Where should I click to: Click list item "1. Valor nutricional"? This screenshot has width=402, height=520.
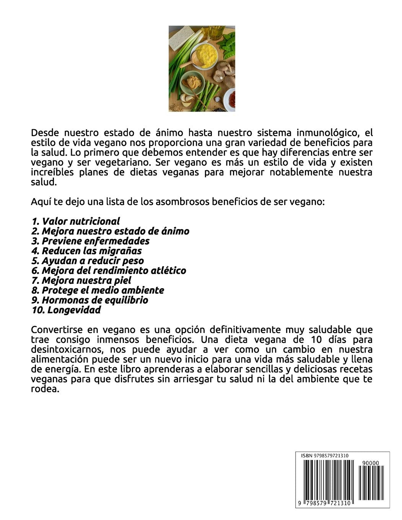click(x=75, y=221)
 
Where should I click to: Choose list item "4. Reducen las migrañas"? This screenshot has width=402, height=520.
click(x=86, y=251)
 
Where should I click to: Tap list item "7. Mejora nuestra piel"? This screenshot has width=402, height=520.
click(x=81, y=280)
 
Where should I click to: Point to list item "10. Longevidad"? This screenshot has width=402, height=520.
click(x=66, y=310)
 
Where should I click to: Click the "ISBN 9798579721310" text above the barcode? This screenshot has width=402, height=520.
click(x=325, y=455)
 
